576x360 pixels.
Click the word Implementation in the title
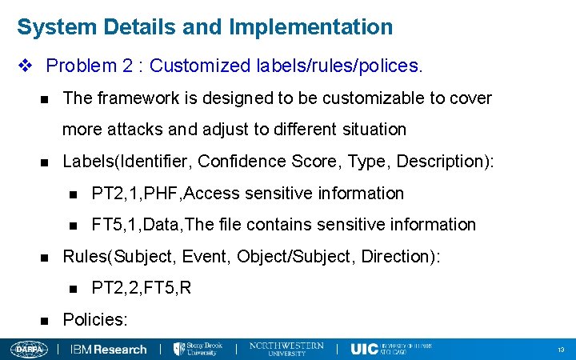[x=310, y=27]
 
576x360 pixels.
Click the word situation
[x=368, y=129]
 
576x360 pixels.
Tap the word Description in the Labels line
[x=439, y=162]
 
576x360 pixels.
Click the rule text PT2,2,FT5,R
[x=142, y=288]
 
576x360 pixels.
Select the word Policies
[x=95, y=320]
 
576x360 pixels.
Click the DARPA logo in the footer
[x=30, y=350]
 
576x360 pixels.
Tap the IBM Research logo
[x=109, y=350]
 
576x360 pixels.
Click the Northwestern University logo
[x=286, y=349]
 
